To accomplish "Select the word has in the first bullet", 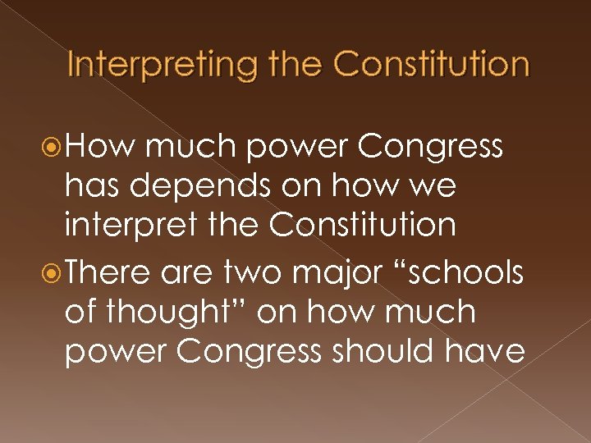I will pos(91,186).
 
